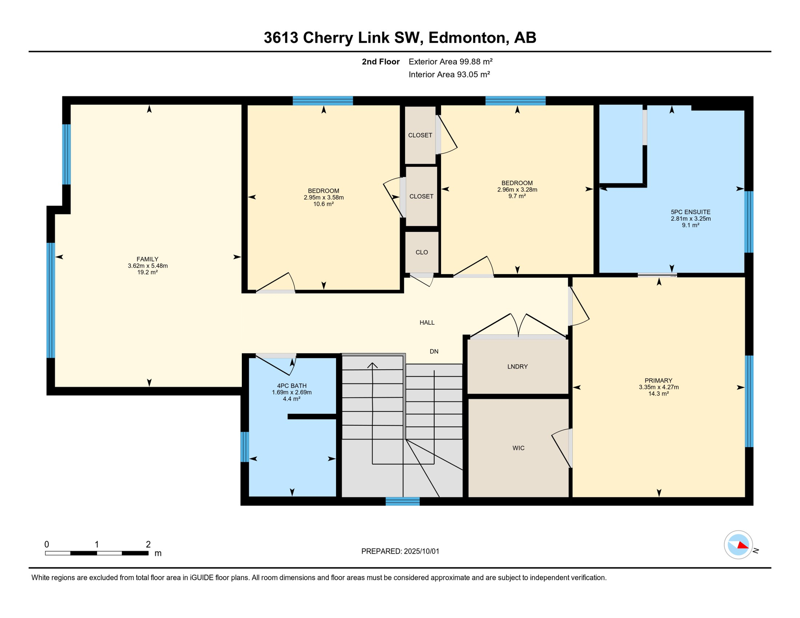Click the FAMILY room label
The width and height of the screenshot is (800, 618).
click(x=147, y=259)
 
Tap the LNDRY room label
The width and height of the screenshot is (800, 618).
click(x=517, y=367)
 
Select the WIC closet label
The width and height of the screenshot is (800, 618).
click(x=518, y=448)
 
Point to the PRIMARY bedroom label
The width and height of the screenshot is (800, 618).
click(x=658, y=381)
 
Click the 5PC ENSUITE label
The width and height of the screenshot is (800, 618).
click(x=691, y=212)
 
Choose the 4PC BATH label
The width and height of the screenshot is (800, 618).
click(x=292, y=386)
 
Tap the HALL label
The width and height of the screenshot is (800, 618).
click(x=427, y=322)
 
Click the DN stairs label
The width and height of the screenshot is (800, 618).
click(x=434, y=351)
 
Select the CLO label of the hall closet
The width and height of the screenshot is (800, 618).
click(x=422, y=252)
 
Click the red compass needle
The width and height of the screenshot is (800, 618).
click(x=743, y=546)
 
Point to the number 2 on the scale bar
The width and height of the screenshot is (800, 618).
click(x=148, y=544)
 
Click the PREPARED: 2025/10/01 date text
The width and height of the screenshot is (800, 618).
click(x=400, y=551)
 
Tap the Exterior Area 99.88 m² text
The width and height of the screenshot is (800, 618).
click(x=451, y=62)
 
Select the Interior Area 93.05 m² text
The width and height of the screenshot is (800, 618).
click(x=449, y=74)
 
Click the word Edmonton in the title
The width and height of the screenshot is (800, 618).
click(x=466, y=37)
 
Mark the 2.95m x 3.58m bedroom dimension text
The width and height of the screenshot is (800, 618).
click(x=324, y=198)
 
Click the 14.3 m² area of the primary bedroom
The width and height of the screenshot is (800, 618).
click(x=658, y=394)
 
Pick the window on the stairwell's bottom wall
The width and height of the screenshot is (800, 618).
click(x=402, y=501)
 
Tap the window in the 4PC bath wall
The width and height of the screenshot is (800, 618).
click(x=245, y=447)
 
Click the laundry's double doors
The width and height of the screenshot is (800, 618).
click(x=518, y=325)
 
